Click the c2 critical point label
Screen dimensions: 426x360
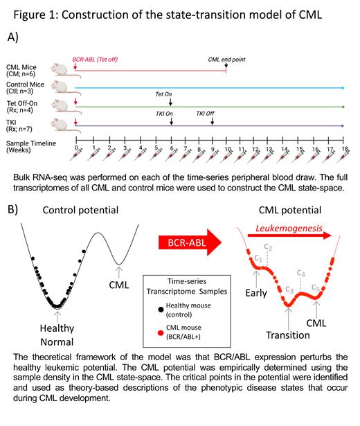pyautogui.click(x=269, y=247)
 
